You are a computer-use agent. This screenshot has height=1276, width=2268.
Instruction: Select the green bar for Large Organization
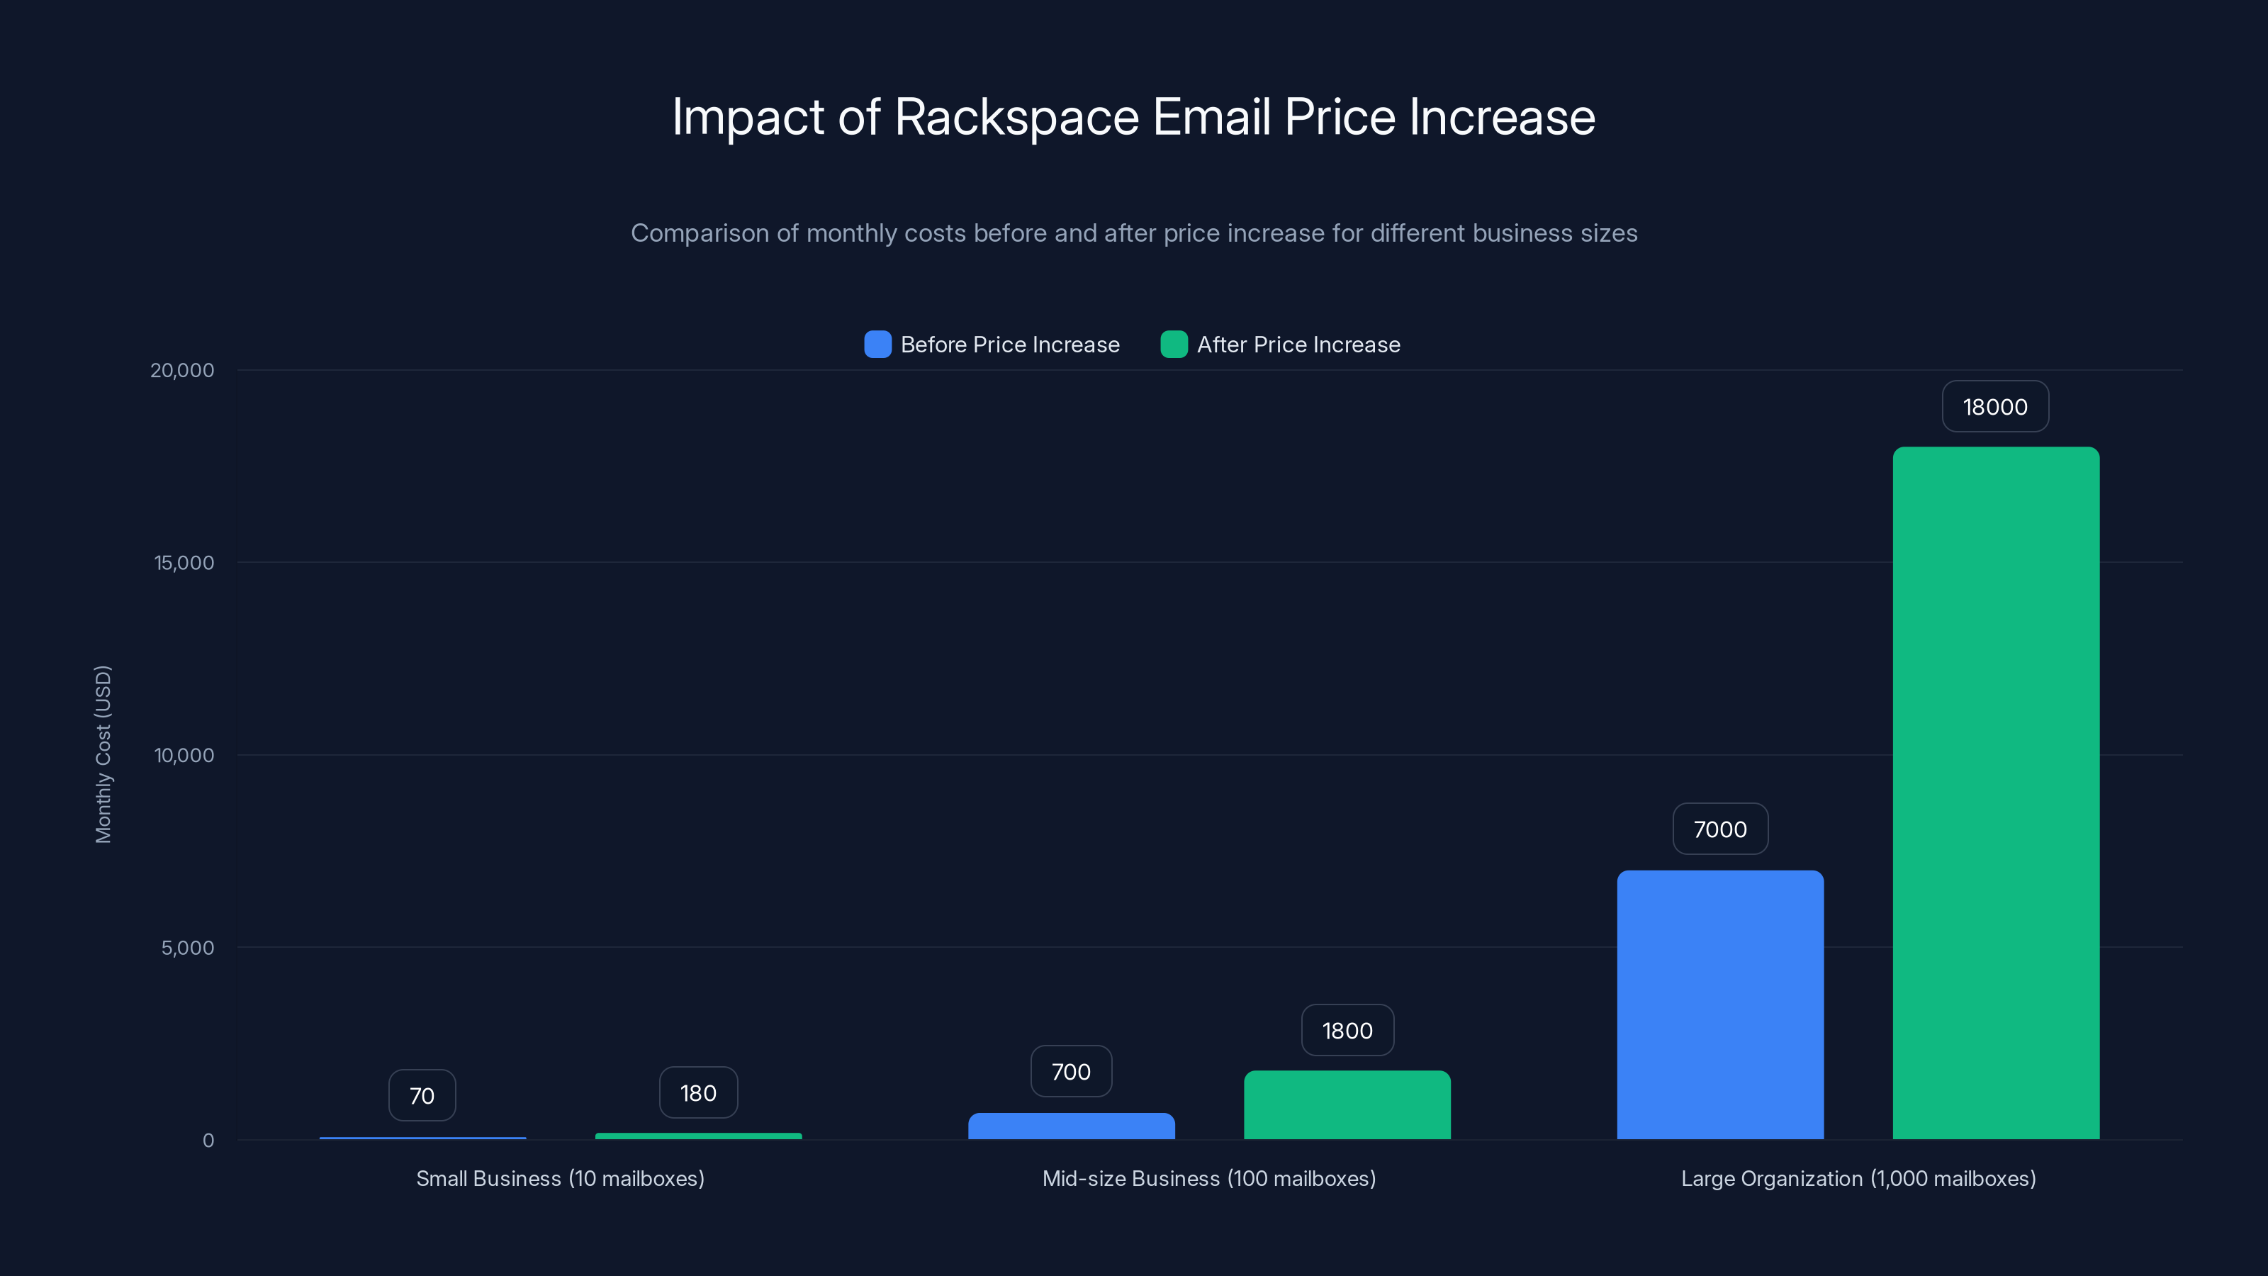(x=1995, y=793)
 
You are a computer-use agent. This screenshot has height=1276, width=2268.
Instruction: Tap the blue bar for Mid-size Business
(x=1071, y=1126)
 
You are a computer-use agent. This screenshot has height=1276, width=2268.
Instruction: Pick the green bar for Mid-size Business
(x=1346, y=1105)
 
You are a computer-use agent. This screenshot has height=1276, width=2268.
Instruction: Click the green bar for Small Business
(x=698, y=1136)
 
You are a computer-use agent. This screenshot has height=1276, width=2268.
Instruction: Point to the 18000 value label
(x=1994, y=407)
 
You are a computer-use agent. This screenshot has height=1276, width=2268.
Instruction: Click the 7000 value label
(x=1719, y=829)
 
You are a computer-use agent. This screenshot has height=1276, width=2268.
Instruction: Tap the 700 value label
(x=1071, y=1072)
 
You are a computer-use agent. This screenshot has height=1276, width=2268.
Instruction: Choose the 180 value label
(x=698, y=1093)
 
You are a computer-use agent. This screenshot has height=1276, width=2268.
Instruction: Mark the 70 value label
(x=422, y=1095)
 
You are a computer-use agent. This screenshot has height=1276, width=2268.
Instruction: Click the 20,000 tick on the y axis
(x=182, y=370)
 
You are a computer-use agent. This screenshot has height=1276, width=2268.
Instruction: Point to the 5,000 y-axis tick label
(x=186, y=948)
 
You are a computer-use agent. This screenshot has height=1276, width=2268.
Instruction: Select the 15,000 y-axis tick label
(x=184, y=563)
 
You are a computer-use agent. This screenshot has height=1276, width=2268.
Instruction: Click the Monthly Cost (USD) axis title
(x=103, y=754)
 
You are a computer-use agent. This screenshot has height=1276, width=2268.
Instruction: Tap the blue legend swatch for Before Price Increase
(x=877, y=345)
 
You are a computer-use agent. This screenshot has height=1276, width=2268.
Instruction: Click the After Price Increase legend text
(x=1298, y=345)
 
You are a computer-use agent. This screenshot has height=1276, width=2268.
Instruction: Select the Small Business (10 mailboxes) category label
(x=560, y=1178)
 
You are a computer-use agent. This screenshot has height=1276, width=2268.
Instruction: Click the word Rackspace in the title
(x=1016, y=117)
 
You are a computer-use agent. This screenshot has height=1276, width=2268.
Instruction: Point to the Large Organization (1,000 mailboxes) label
(x=1858, y=1178)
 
